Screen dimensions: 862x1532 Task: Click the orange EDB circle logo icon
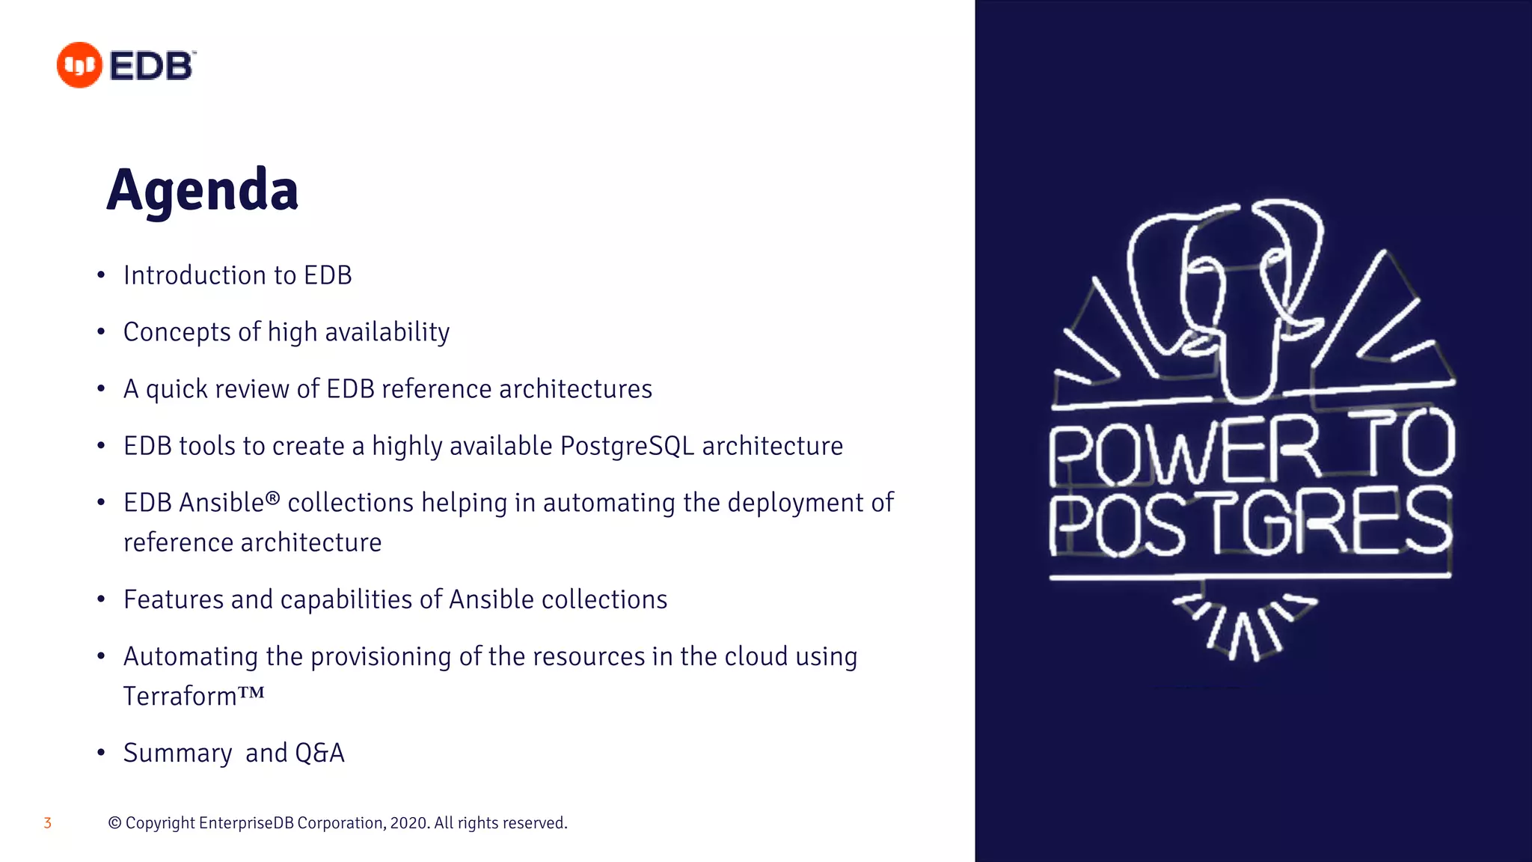pyautogui.click(x=79, y=65)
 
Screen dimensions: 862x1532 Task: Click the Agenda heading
pyautogui.click(x=202, y=190)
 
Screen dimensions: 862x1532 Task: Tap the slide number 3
pyautogui.click(x=47, y=823)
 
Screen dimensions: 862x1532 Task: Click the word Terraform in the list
pyautogui.click(x=180, y=696)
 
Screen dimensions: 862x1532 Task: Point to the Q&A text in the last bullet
pyautogui.click(x=319, y=753)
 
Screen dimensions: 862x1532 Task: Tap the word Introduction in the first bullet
pyautogui.click(x=194, y=275)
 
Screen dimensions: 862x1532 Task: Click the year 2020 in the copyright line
pyautogui.click(x=408, y=823)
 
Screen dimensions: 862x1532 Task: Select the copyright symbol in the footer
pyautogui.click(x=114, y=823)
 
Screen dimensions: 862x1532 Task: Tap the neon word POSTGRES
pyautogui.click(x=1249, y=522)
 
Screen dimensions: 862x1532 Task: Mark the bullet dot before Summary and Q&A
pyautogui.click(x=101, y=753)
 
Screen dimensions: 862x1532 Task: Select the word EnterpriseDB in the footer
pyautogui.click(x=246, y=823)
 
